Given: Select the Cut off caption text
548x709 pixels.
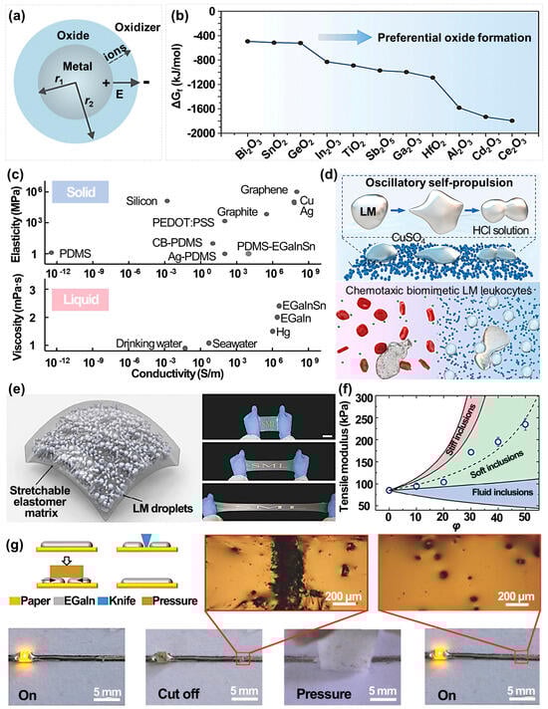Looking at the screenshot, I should pyautogui.click(x=175, y=691).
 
